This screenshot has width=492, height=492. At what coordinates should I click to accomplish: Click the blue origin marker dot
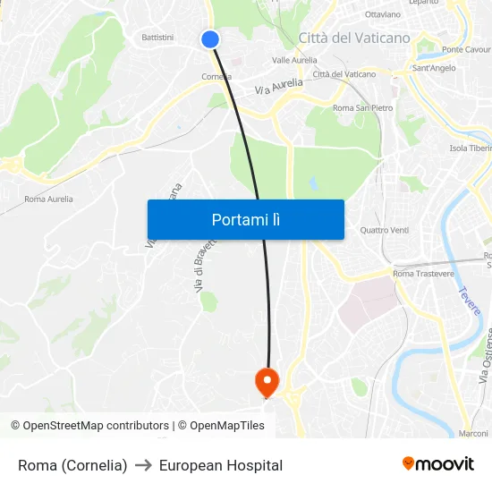pos(210,39)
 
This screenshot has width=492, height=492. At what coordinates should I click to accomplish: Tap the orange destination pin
pos(267,382)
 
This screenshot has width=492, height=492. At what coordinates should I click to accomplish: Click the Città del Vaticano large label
pos(354,38)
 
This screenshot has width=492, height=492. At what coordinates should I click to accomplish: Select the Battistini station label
pos(158,37)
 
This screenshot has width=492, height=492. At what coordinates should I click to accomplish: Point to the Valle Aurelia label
pos(294,60)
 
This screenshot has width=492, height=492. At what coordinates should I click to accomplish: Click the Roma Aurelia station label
pos(48,199)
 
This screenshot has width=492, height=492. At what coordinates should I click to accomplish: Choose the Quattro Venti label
pos(384,230)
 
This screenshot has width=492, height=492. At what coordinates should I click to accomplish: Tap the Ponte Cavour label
pos(466,50)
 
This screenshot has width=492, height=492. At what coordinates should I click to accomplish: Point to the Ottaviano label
pos(383,15)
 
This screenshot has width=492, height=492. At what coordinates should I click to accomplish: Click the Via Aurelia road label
pos(278,86)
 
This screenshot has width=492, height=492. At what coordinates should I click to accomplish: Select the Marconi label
pos(473,433)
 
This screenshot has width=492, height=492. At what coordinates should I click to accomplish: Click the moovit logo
pos(437,464)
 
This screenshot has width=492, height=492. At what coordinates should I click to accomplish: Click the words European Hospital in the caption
pos(221,465)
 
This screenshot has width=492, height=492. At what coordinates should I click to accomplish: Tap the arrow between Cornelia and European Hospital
pos(143,465)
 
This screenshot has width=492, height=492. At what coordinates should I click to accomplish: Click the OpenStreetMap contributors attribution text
pos(95,426)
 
